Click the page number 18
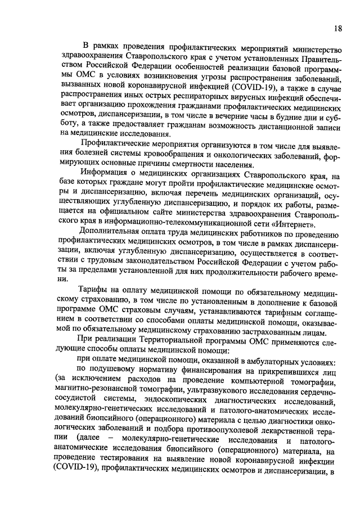(x=336, y=28)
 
